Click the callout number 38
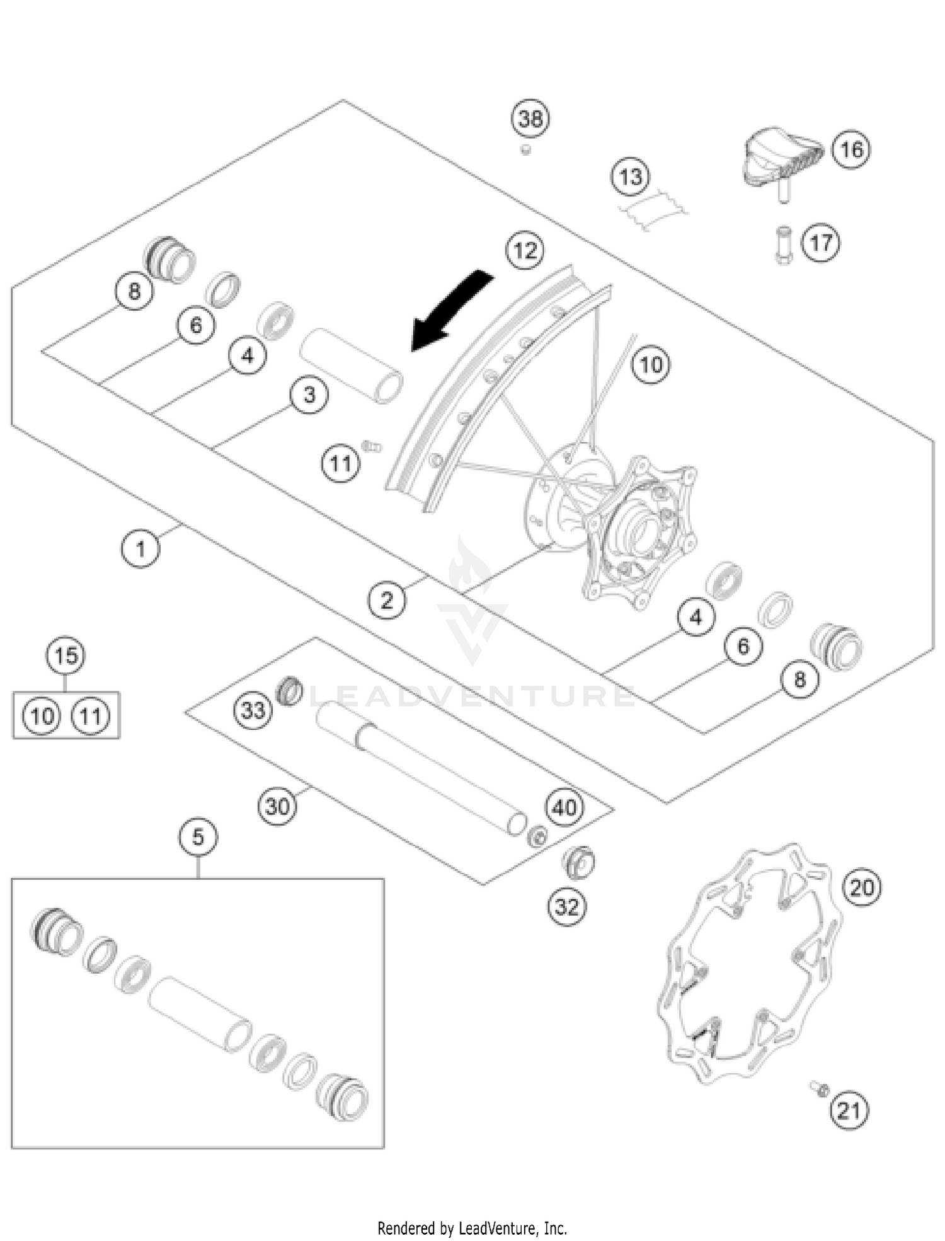click(530, 118)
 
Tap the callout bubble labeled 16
click(851, 149)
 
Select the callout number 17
click(820, 243)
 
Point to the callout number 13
click(631, 177)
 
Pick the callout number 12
click(525, 251)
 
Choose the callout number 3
click(309, 395)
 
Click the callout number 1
click(140, 548)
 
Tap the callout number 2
click(387, 600)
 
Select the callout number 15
click(66, 656)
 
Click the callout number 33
click(253, 710)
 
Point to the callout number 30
click(277, 806)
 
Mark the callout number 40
click(564, 807)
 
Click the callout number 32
click(566, 907)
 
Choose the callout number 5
click(198, 838)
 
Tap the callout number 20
click(862, 888)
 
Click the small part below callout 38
click(525, 150)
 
